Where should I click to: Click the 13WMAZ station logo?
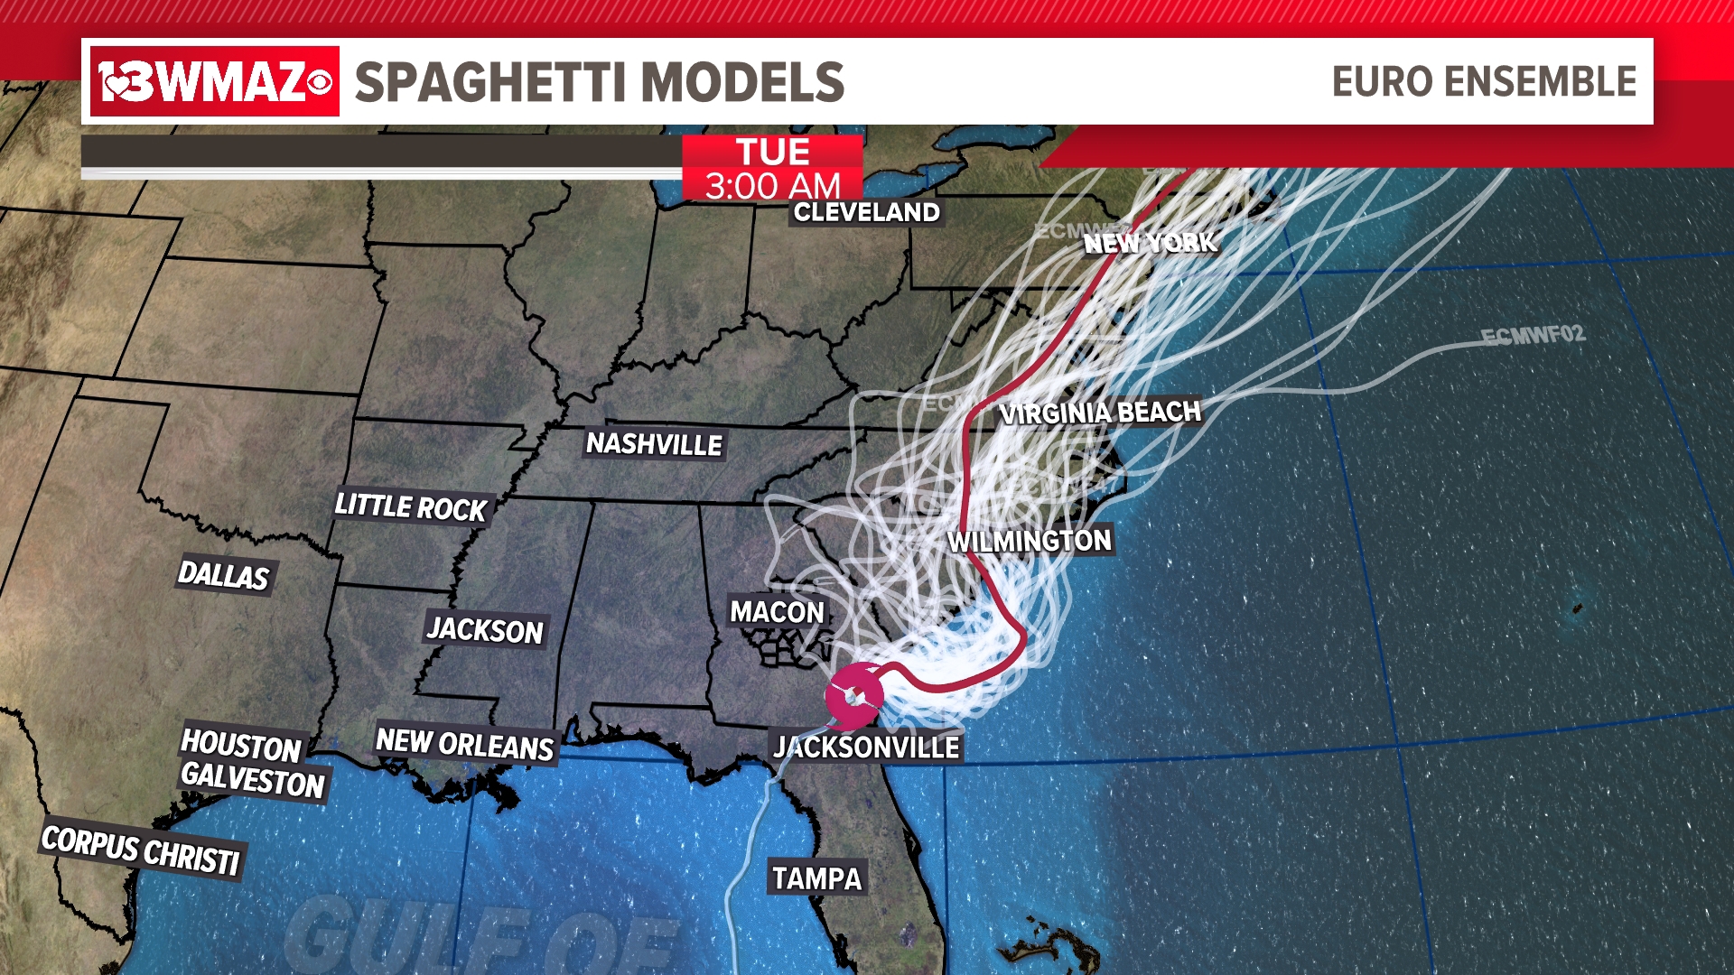click(215, 81)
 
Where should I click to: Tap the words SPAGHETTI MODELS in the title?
click(599, 82)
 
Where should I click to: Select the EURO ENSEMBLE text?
click(1484, 81)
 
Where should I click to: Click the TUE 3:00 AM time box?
click(772, 168)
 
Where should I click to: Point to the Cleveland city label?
click(867, 212)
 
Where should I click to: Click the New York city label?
click(1151, 242)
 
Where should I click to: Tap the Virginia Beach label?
click(1100, 413)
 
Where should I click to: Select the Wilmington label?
click(1030, 541)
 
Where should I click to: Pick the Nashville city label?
click(654, 443)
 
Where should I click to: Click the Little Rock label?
click(411, 506)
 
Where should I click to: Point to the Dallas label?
click(224, 574)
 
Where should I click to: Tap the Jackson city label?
click(485, 629)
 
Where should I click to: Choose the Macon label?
click(778, 612)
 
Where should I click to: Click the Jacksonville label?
click(867, 747)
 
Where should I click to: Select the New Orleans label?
click(464, 744)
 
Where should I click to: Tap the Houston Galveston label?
click(252, 763)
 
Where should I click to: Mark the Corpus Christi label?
click(141, 850)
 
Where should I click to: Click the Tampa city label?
click(817, 877)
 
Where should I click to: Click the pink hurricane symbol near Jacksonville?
click(854, 695)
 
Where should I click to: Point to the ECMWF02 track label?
click(1533, 335)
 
